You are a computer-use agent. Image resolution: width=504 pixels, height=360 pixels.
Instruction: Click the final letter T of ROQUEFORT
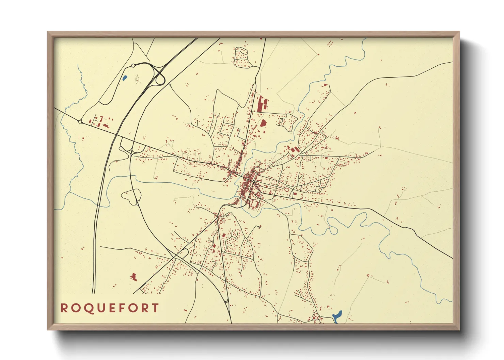155,308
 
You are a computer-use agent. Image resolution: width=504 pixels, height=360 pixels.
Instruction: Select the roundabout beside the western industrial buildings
80,121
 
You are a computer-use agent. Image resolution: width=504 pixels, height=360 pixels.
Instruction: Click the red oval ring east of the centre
287,190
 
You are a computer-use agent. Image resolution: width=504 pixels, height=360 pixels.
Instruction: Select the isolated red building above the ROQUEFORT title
133,277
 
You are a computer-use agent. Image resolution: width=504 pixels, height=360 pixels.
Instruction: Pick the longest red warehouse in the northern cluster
259,103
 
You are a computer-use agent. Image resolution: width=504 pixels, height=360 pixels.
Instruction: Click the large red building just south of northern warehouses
263,123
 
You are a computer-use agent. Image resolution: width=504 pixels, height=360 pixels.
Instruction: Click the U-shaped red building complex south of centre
254,203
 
